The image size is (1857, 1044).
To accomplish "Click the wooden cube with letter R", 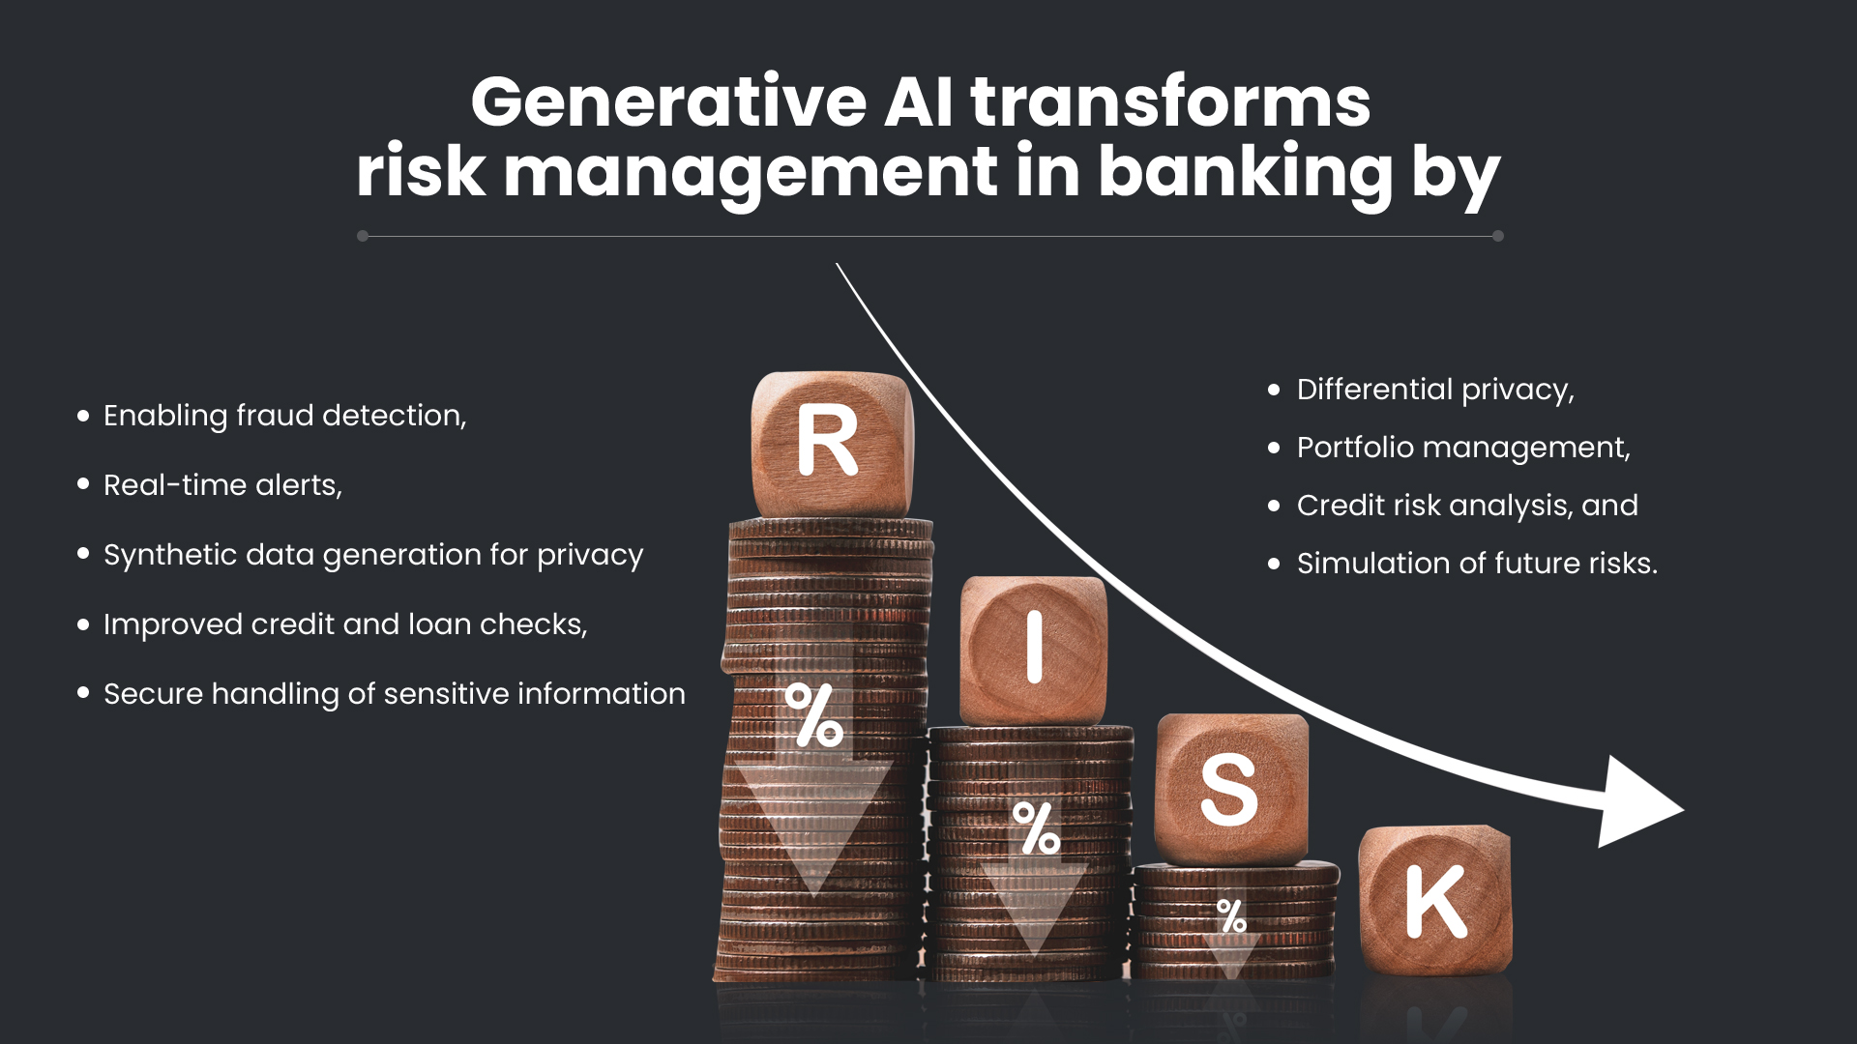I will tap(830, 443).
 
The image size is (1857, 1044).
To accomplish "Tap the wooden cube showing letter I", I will tap(1033, 650).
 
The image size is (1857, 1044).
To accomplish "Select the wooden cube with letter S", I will tap(1230, 789).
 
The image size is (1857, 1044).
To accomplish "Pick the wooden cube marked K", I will tap(1435, 901).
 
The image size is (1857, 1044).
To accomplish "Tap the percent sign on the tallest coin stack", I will tap(813, 715).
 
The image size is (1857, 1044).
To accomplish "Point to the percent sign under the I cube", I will tap(1036, 828).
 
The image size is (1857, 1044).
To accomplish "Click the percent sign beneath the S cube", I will tap(1231, 914).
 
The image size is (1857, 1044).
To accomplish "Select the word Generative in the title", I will tap(668, 102).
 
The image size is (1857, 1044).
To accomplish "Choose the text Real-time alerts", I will tap(222, 485).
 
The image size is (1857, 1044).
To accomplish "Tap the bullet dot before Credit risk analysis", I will tap(1274, 506).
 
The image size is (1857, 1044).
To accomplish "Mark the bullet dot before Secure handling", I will tap(83, 693).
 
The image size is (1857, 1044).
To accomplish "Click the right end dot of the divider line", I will tap(1497, 236).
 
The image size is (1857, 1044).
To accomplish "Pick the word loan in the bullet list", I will tap(440, 624).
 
